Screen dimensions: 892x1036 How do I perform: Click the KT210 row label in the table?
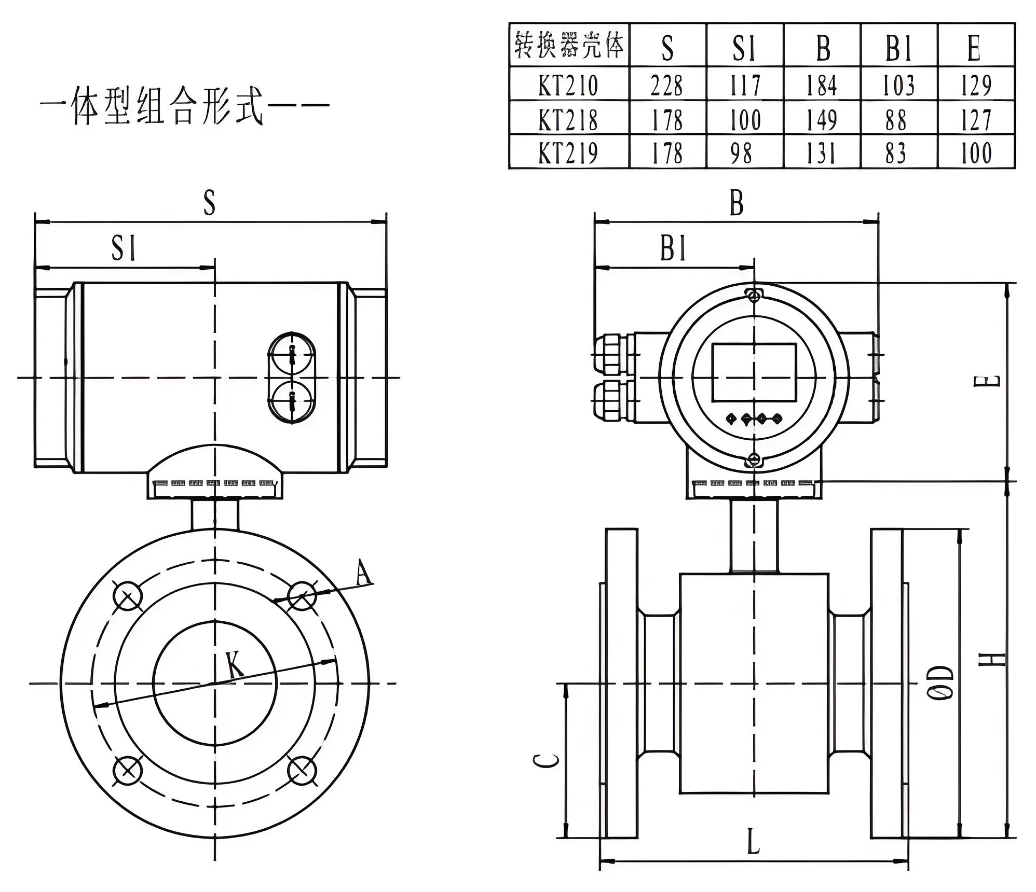pos(568,85)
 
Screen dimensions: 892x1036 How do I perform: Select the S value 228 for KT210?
pos(667,85)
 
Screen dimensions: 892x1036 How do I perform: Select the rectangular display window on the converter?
pos(754,372)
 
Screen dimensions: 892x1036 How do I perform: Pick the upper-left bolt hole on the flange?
pos(128,596)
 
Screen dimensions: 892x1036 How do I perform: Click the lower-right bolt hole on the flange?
pos(302,770)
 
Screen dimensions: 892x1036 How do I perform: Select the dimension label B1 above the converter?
pos(673,248)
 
